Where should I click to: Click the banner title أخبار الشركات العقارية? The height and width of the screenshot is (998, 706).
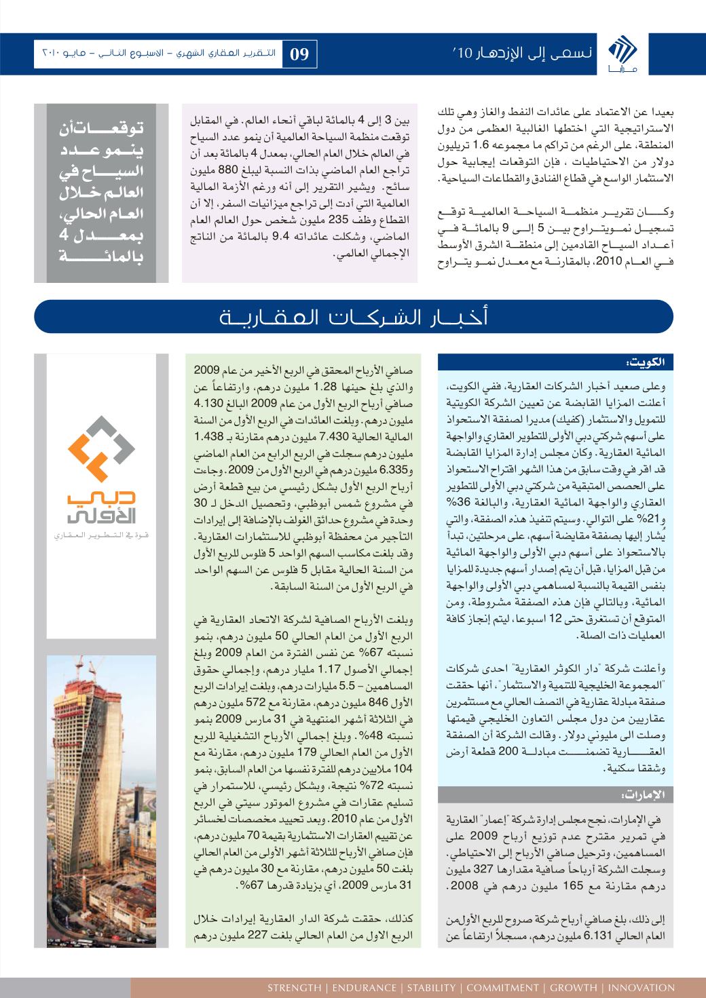pyautogui.click(x=353, y=317)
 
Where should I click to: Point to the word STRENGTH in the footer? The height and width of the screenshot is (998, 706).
pyautogui.click(x=293, y=988)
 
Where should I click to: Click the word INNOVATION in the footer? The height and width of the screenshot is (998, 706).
pyautogui.click(x=641, y=988)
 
